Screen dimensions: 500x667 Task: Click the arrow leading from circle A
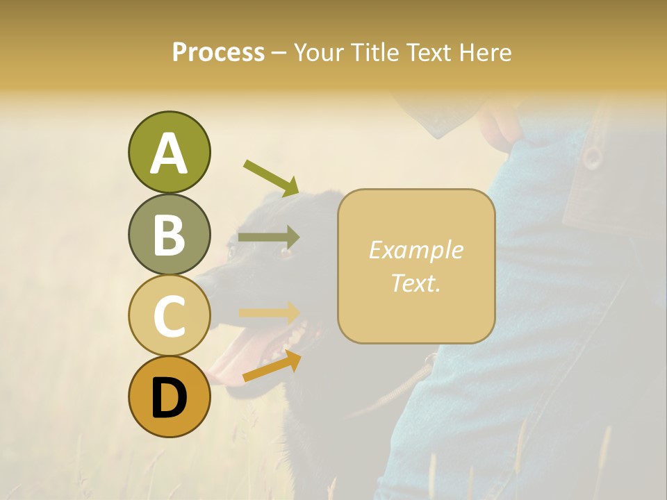pyautogui.click(x=271, y=178)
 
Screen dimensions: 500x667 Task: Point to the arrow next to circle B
pyautogui.click(x=269, y=237)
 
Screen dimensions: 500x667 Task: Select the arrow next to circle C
pyautogui.click(x=269, y=312)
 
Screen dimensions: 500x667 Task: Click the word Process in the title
pyautogui.click(x=218, y=52)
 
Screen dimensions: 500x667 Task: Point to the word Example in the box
pyautogui.click(x=415, y=250)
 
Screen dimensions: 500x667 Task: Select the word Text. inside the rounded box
pyautogui.click(x=415, y=283)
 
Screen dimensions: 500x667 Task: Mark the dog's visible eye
pyautogui.click(x=285, y=251)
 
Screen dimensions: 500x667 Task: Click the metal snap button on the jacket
pyautogui.click(x=591, y=157)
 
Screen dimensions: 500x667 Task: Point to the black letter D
pyautogui.click(x=169, y=398)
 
